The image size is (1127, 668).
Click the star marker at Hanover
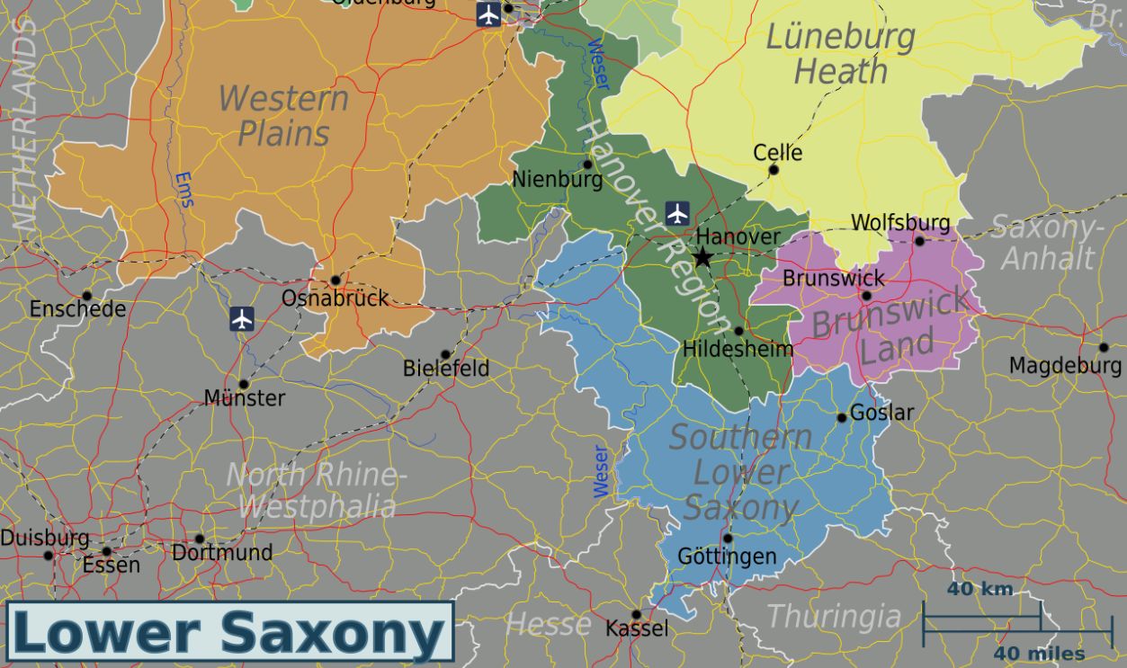702,258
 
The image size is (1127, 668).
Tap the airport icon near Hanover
677,213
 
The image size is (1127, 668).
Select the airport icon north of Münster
241,318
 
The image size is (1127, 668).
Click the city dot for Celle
774,169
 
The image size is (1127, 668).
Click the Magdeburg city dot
1104,347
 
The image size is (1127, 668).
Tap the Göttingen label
727,557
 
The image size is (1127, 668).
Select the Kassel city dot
636,615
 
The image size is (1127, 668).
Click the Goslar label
881,413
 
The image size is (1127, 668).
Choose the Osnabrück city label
335,298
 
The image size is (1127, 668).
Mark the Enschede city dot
86,295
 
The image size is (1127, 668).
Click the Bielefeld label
446,368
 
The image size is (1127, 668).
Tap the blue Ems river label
183,190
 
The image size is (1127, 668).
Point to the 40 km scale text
979,590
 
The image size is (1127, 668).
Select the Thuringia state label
833,617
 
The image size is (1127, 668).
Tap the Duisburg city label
45,538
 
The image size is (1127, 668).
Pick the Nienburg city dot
587,164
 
